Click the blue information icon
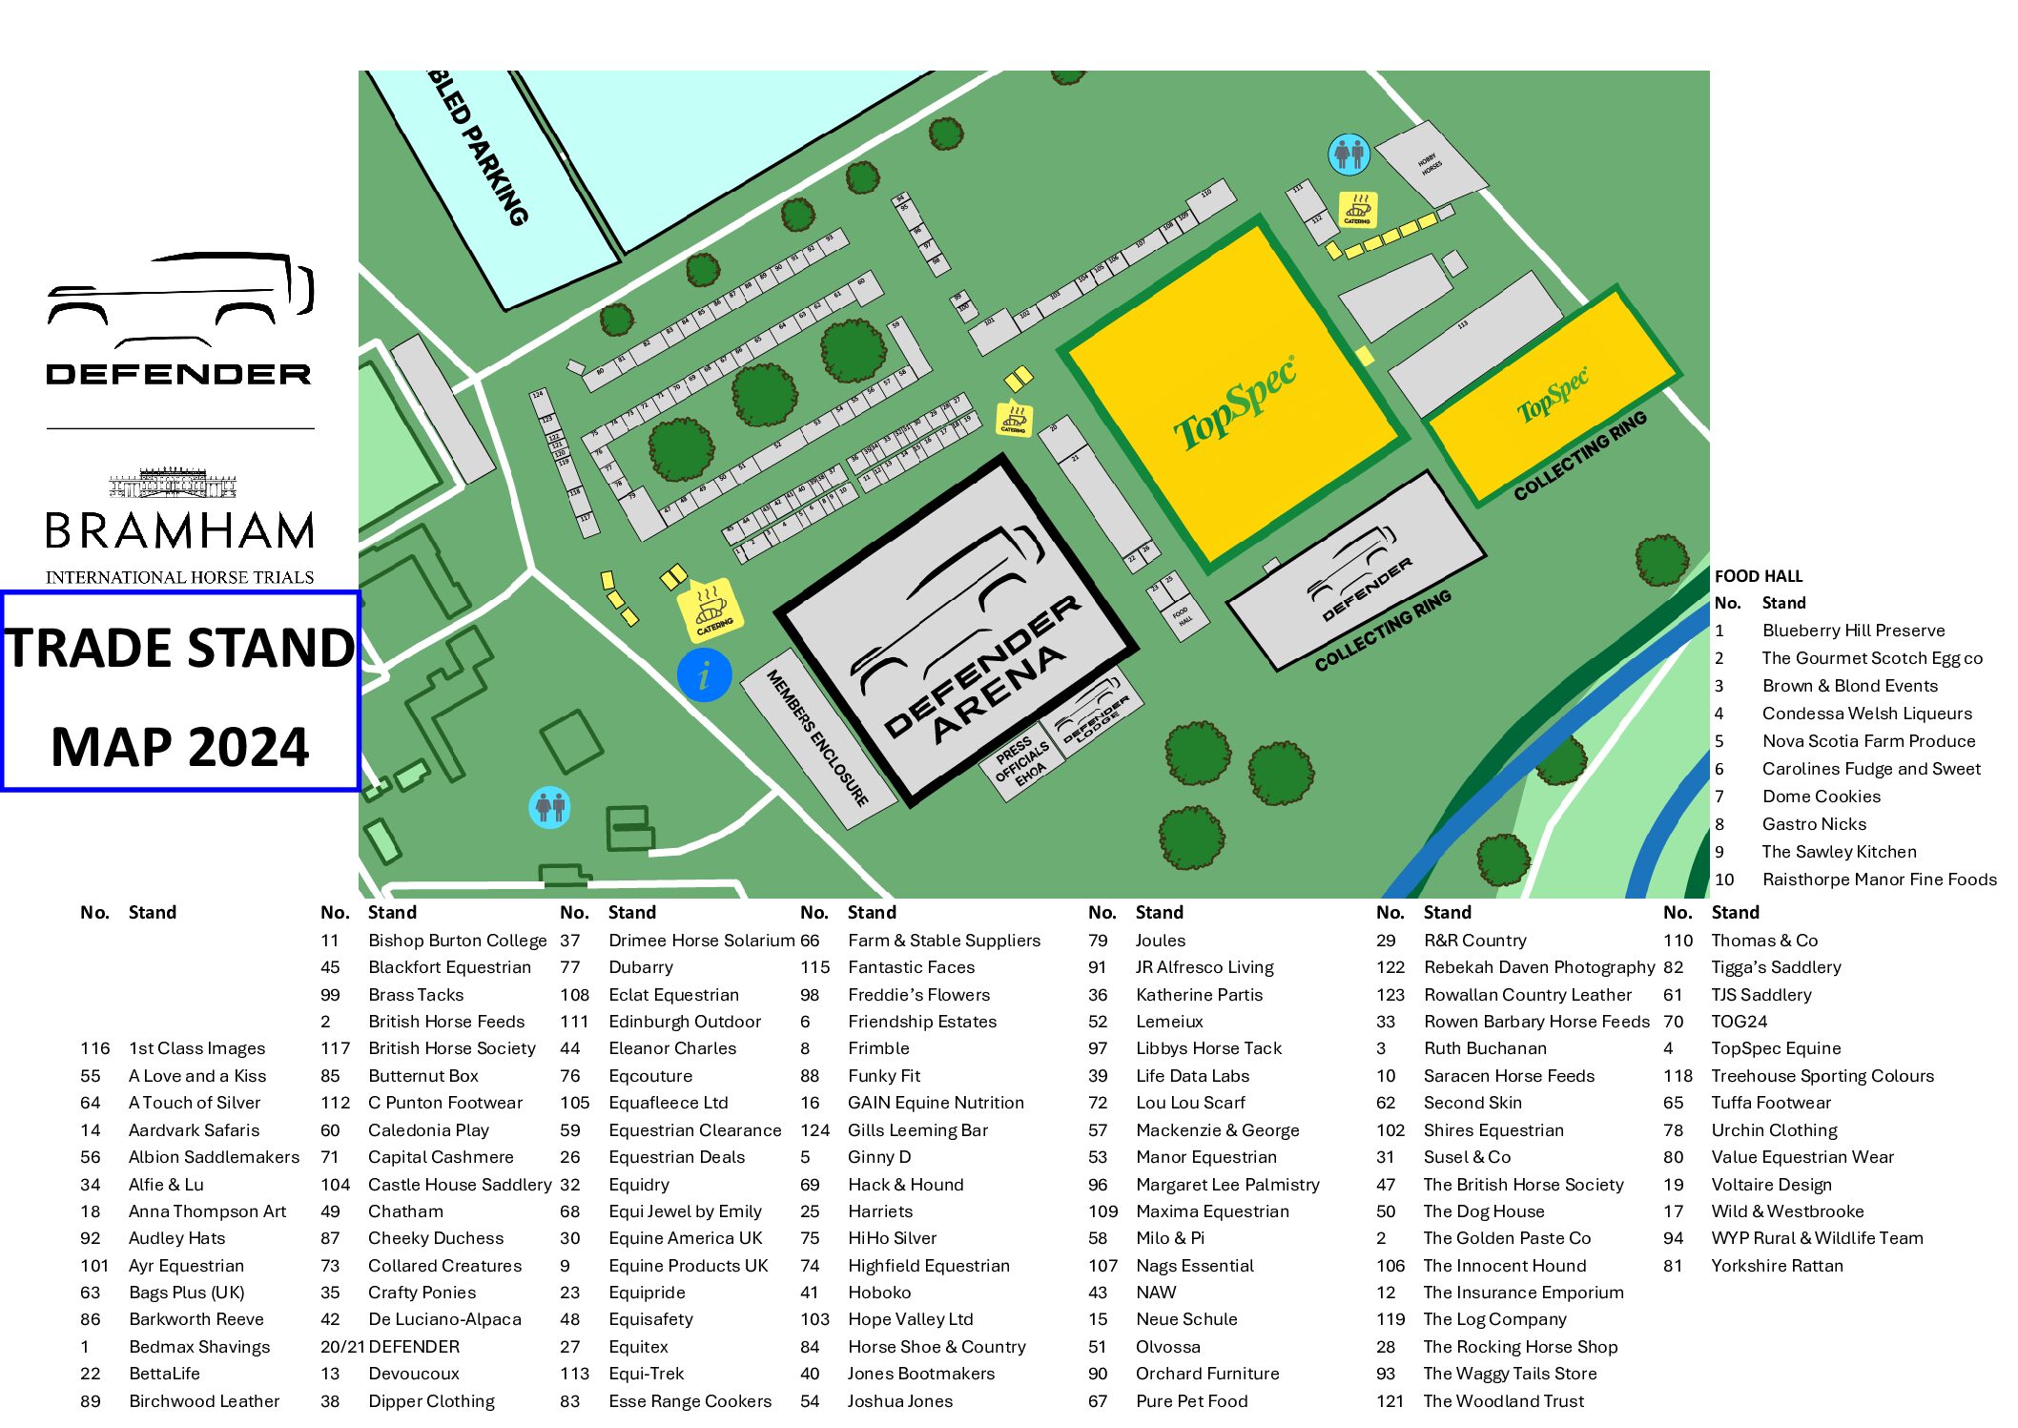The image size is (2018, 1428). pos(704,675)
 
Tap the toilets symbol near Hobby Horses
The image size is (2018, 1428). pos(1349,153)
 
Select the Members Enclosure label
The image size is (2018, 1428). pos(817,737)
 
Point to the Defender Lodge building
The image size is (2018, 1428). pos(1095,715)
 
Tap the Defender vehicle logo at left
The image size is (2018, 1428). pos(179,298)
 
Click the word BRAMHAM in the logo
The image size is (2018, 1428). pos(179,530)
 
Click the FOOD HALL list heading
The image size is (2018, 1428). pos(1758,576)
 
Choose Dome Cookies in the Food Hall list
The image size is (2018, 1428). pos(1821,797)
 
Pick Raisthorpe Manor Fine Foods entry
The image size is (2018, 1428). pos(1878,880)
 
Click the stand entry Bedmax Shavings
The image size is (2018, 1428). pos(199,1347)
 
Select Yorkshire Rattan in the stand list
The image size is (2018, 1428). pos(1776,1266)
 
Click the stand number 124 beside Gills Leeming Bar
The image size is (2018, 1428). pos(814,1130)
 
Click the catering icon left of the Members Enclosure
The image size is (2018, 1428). pos(710,610)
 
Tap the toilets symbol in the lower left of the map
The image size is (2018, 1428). pos(549,807)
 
